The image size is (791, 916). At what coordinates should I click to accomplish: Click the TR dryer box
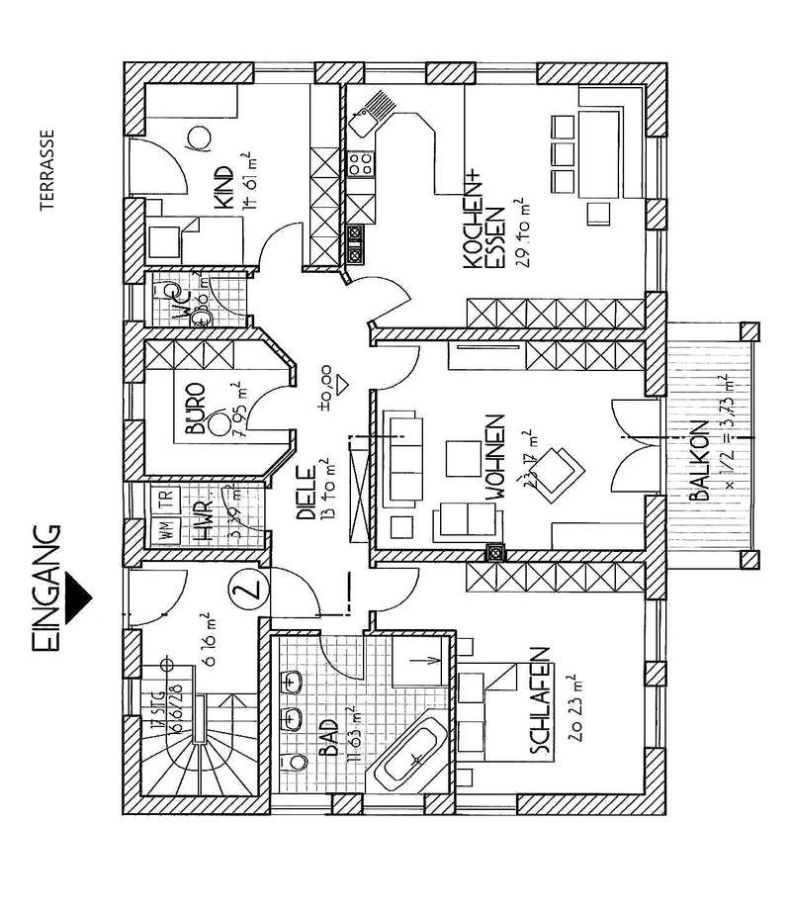159,497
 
